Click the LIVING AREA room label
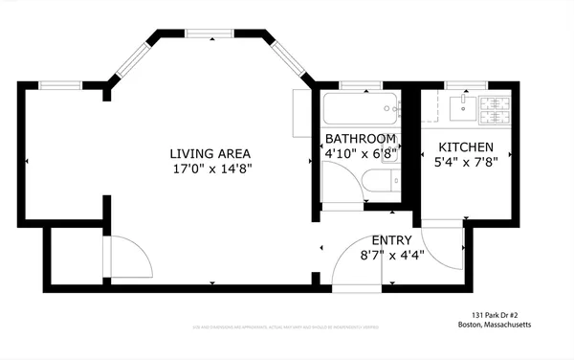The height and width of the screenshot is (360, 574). [x=210, y=153]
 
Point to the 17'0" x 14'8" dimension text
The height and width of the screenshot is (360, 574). [x=210, y=169]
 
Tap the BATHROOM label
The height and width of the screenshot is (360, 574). [x=360, y=138]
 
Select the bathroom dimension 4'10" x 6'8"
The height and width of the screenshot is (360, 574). [x=361, y=152]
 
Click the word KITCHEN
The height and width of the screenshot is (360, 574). [x=466, y=146]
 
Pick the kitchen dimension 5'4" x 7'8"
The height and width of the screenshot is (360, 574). [x=466, y=162]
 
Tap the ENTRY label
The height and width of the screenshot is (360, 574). [x=391, y=240]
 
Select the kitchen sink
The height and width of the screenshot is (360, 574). [x=462, y=104]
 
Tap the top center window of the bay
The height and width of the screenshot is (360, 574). [x=211, y=34]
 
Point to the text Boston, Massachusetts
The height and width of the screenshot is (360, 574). [x=494, y=325]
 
